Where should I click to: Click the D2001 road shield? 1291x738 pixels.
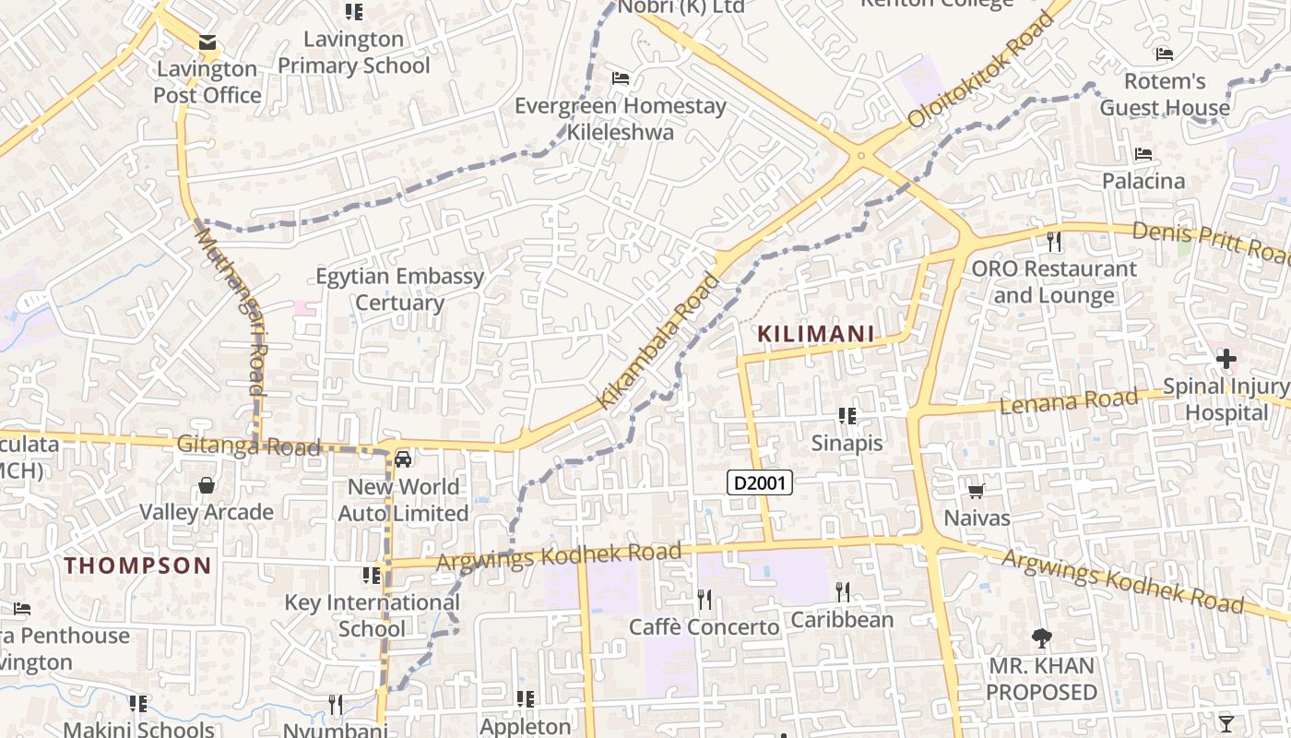coord(760,482)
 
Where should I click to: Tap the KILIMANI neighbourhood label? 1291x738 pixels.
coord(816,334)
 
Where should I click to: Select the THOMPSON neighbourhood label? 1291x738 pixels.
coord(138,565)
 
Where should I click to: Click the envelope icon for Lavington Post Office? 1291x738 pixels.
coord(207,42)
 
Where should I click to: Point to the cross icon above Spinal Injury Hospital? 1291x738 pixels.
coord(1226,359)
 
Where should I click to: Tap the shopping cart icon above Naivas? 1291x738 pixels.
coord(977,491)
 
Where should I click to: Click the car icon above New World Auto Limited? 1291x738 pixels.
coord(403,458)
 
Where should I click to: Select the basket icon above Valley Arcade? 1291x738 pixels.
coord(207,485)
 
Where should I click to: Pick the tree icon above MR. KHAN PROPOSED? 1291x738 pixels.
coord(1042,637)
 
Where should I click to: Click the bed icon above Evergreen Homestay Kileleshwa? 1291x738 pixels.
coord(621,78)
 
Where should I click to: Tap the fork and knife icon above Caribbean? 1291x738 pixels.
coord(842,591)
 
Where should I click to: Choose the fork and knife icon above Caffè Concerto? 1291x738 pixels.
coord(705,600)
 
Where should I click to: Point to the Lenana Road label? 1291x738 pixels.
coord(1069,401)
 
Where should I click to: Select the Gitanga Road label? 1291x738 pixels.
coord(249,446)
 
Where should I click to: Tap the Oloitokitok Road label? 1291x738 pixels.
coord(980,70)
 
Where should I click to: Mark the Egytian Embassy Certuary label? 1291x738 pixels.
coord(399,289)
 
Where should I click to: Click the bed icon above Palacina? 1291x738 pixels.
coord(1143,154)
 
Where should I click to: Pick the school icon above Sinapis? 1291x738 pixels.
coord(847,416)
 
